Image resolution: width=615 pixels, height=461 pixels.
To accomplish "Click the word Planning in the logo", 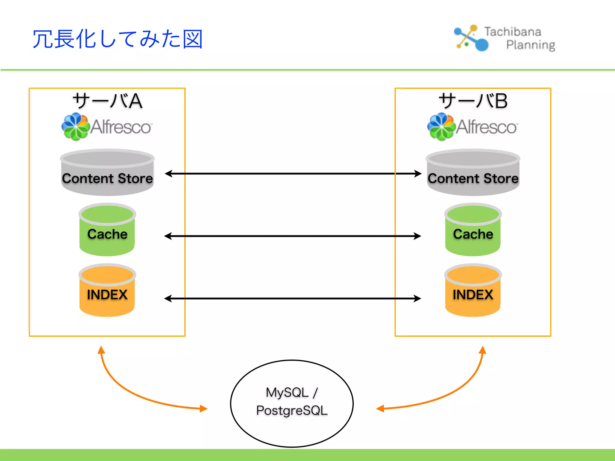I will pos(530,45).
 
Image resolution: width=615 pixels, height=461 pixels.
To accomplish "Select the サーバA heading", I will pos(107,101).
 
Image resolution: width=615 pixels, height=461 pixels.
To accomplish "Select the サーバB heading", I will pos(473,101).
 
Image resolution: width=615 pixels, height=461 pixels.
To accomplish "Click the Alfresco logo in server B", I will pos(472,127).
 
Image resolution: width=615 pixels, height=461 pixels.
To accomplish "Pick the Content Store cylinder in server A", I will pos(107,173).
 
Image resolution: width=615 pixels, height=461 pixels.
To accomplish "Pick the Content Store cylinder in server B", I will pos(473,173).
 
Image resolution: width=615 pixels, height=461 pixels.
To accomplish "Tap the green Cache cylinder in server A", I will pos(107,230).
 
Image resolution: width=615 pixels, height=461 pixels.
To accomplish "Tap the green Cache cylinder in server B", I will pos(473,230).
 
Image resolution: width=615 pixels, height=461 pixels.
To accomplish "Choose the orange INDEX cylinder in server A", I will pos(107,291).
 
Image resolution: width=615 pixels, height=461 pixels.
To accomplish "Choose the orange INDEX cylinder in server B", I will pos(473,291).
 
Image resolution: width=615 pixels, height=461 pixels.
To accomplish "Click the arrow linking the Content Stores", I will pos(293,173).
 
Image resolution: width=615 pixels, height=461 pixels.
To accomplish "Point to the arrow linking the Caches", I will pos(293,236).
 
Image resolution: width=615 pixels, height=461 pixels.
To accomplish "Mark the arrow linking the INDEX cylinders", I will pos(293,298).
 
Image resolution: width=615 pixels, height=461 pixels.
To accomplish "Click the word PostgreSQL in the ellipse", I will pos(292,411).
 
